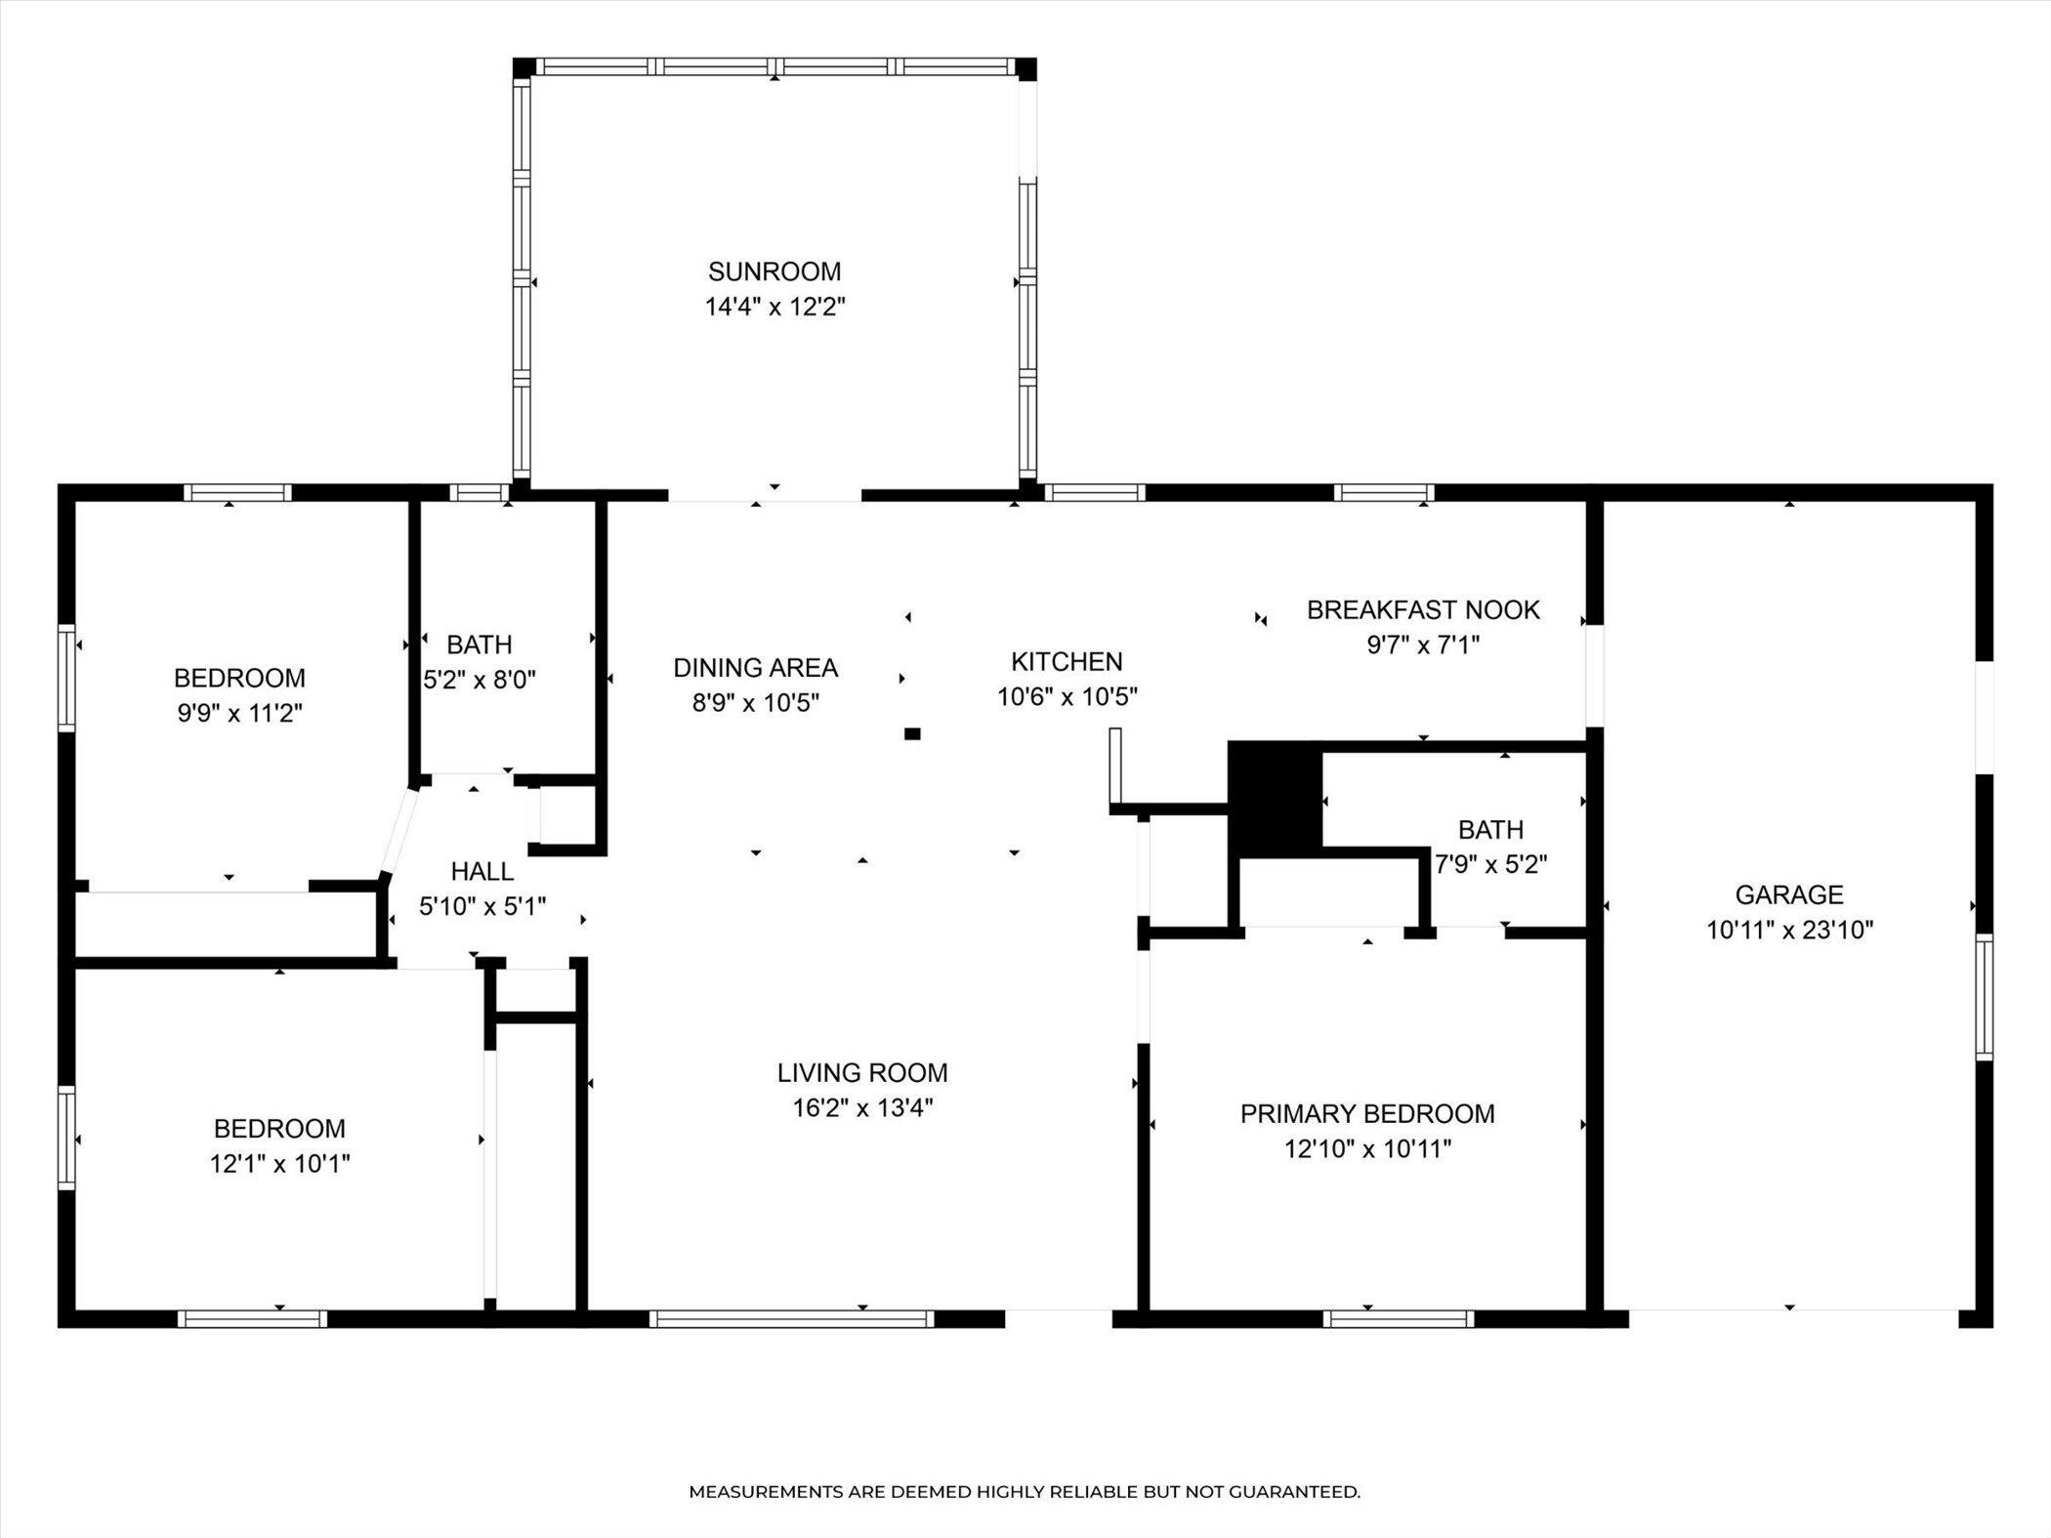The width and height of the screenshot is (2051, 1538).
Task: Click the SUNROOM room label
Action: point(774,271)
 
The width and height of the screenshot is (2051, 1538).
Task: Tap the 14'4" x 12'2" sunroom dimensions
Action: point(774,307)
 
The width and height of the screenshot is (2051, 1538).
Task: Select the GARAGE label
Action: point(1789,894)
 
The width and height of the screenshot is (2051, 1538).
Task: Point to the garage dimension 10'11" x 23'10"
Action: point(1789,930)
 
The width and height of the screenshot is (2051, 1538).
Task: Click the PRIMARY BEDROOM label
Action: point(1367,1114)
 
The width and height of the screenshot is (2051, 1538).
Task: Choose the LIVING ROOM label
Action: point(862,1073)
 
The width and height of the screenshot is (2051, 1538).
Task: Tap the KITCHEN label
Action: point(1067,662)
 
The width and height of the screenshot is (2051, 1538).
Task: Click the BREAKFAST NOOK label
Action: point(1423,610)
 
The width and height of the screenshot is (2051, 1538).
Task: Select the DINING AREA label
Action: point(755,668)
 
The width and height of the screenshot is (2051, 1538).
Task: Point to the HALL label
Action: point(482,871)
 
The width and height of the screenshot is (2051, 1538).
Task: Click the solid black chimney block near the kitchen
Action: point(1275,795)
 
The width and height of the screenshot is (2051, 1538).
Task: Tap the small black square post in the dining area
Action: point(912,733)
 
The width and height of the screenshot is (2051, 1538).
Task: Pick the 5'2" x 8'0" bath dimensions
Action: point(480,680)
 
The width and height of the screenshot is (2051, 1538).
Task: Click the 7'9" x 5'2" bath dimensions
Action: point(1490,864)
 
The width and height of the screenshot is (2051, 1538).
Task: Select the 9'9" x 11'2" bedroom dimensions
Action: point(239,713)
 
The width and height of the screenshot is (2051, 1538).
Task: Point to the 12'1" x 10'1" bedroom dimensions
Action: point(279,1164)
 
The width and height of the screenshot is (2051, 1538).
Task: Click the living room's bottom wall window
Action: point(792,1319)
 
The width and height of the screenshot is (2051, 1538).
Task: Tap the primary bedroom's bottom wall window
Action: point(1399,1319)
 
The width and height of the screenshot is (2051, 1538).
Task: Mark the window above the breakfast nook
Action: point(1384,492)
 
